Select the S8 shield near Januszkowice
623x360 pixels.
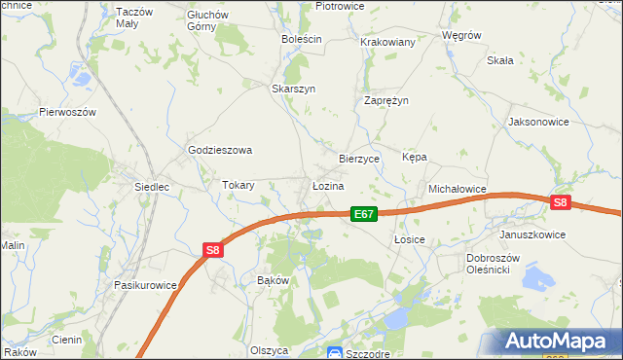pos(560,202)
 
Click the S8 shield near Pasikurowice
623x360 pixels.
pos(214,250)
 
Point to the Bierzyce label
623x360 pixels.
pos(358,158)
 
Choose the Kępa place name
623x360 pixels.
pos(415,157)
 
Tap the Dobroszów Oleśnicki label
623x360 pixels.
pos(497,264)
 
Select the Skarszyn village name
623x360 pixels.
pos(293,88)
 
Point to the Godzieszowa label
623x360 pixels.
pos(220,150)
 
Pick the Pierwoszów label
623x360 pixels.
pos(67,112)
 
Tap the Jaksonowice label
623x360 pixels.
pos(538,123)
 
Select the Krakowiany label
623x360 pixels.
pos(388,42)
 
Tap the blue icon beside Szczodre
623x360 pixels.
pos(334,352)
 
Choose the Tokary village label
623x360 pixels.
pos(238,185)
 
